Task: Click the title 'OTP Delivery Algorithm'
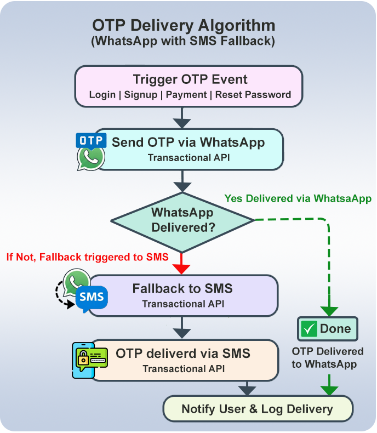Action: click(183, 26)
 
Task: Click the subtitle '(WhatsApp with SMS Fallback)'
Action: click(183, 41)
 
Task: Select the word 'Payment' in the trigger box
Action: click(186, 95)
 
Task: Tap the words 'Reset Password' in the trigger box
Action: click(253, 95)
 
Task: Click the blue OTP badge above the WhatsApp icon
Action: click(90, 140)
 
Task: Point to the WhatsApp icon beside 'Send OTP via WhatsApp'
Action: click(91, 157)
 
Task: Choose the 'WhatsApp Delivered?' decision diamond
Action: click(182, 220)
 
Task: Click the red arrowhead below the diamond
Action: click(181, 268)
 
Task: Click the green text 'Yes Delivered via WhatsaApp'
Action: click(298, 198)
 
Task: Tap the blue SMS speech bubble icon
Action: click(91, 298)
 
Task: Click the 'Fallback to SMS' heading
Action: click(182, 288)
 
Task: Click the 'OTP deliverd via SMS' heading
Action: click(183, 354)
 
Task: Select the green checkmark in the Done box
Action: click(309, 329)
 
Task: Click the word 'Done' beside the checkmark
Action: click(335, 329)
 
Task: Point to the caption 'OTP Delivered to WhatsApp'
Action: click(327, 357)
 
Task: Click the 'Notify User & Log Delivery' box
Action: click(258, 409)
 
